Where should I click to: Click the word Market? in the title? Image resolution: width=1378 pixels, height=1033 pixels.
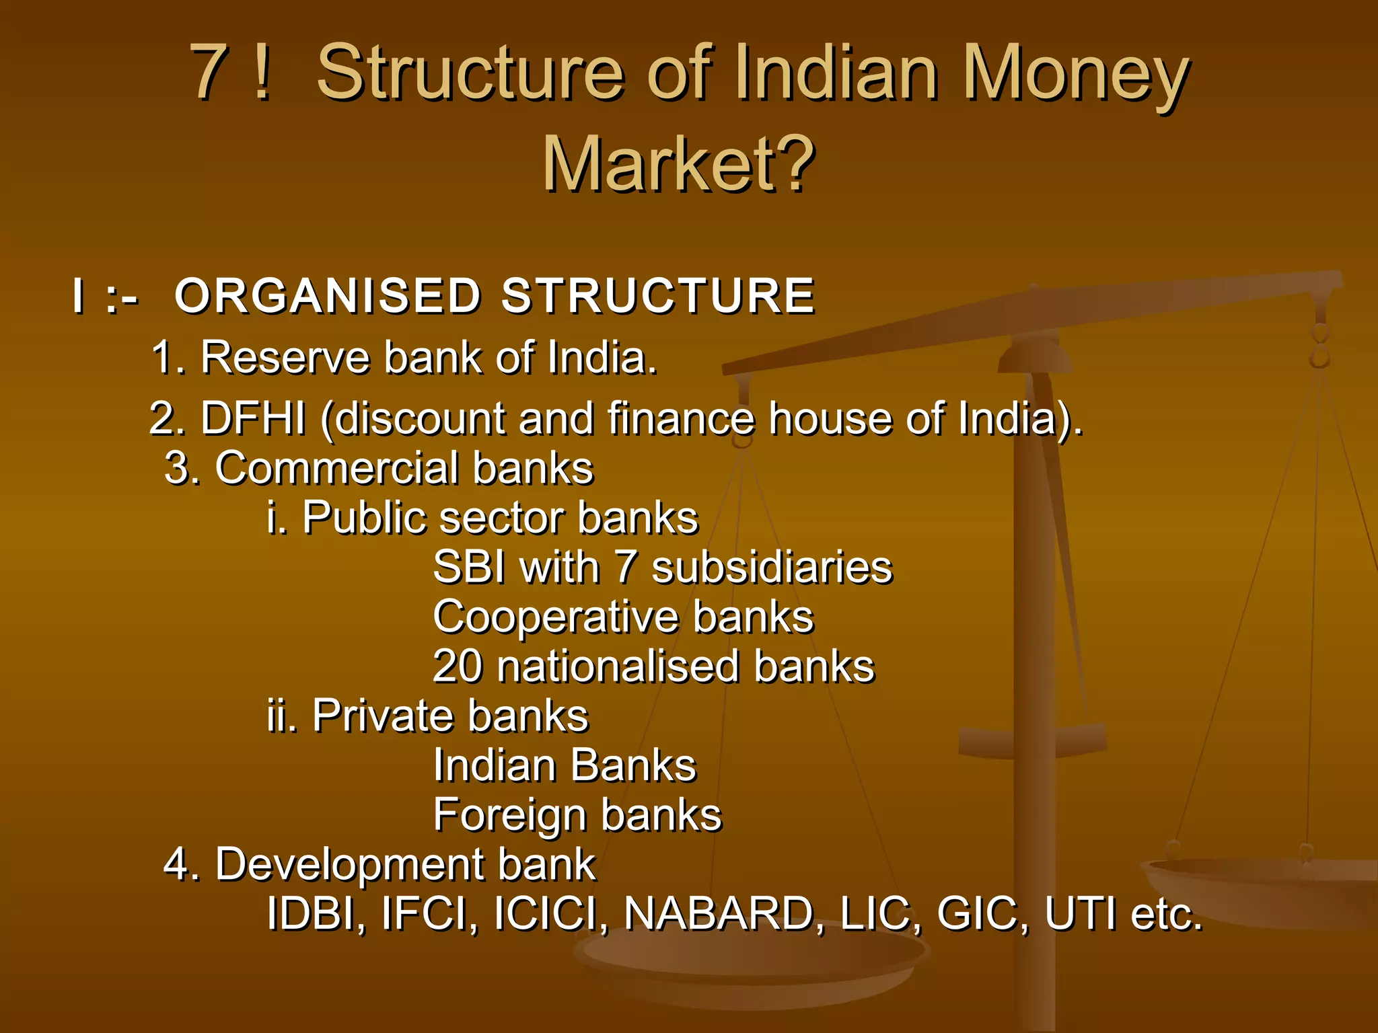[678, 163]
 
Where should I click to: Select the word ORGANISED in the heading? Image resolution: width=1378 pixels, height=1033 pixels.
[327, 296]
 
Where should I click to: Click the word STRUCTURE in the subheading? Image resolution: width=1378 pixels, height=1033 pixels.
[658, 296]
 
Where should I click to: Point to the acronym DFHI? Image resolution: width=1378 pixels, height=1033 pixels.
[253, 418]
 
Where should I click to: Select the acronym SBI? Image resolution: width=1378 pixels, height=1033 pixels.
[469, 567]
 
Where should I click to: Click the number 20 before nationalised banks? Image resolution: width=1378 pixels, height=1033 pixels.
[458, 666]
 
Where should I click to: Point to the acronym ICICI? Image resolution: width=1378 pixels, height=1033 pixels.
[550, 914]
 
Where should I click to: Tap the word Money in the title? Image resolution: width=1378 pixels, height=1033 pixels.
[1075, 73]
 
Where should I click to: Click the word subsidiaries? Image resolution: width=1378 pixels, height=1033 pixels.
[772, 567]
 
